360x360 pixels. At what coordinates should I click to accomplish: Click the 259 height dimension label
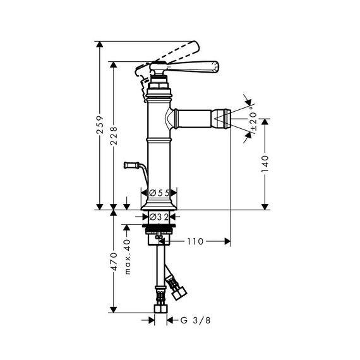100,125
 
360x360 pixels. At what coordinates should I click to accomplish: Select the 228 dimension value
114,135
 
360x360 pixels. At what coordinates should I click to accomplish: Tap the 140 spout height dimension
265,164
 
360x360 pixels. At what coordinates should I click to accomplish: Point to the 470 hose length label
114,261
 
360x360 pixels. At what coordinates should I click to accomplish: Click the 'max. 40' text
127,257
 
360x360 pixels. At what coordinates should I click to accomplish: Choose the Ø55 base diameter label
159,193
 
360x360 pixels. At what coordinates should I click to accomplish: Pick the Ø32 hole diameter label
159,217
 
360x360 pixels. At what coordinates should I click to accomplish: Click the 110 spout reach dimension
195,241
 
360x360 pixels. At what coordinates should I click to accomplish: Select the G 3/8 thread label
195,320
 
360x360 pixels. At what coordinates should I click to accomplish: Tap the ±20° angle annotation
253,119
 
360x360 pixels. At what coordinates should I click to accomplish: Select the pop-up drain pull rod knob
131,165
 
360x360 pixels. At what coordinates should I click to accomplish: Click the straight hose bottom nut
160,308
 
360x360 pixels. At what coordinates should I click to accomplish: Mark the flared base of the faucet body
159,205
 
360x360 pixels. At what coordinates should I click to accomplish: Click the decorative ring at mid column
159,140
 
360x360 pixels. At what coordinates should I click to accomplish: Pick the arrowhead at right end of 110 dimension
227,241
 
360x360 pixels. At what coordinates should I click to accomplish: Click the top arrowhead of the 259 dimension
99,44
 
